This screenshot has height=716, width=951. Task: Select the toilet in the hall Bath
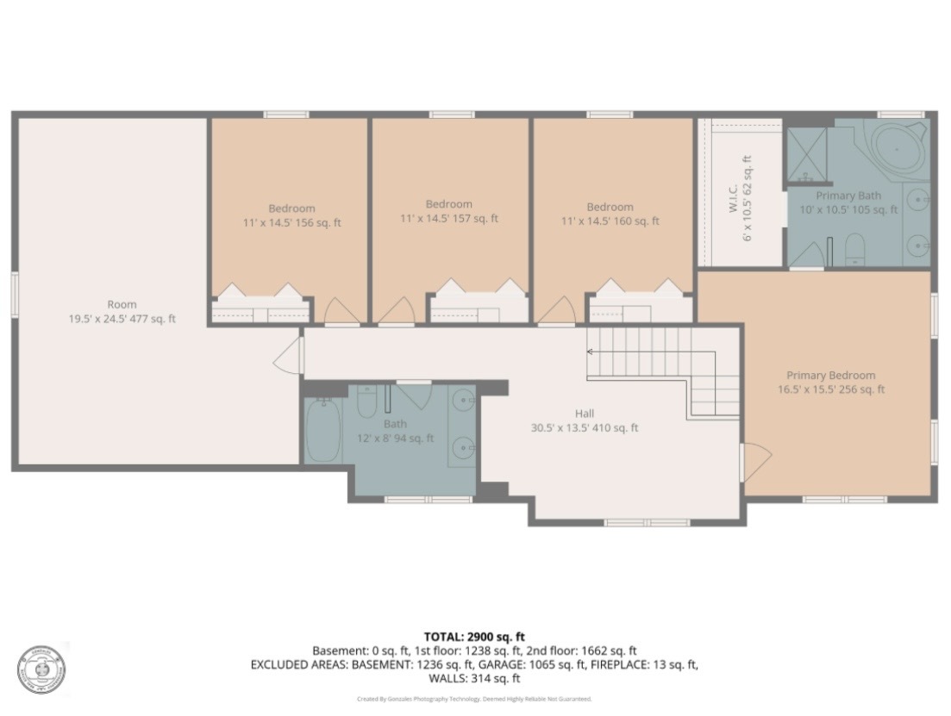tap(366, 402)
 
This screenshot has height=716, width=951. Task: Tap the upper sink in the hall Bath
tap(464, 401)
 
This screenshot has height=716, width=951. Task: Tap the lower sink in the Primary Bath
tap(920, 246)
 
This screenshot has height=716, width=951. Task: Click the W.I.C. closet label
tap(735, 197)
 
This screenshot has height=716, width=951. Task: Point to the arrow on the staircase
tap(591, 352)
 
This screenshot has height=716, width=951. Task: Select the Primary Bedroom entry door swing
tap(755, 464)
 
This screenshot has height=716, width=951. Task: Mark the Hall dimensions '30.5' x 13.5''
tap(563, 427)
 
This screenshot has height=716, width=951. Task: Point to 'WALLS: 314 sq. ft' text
tap(474, 679)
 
